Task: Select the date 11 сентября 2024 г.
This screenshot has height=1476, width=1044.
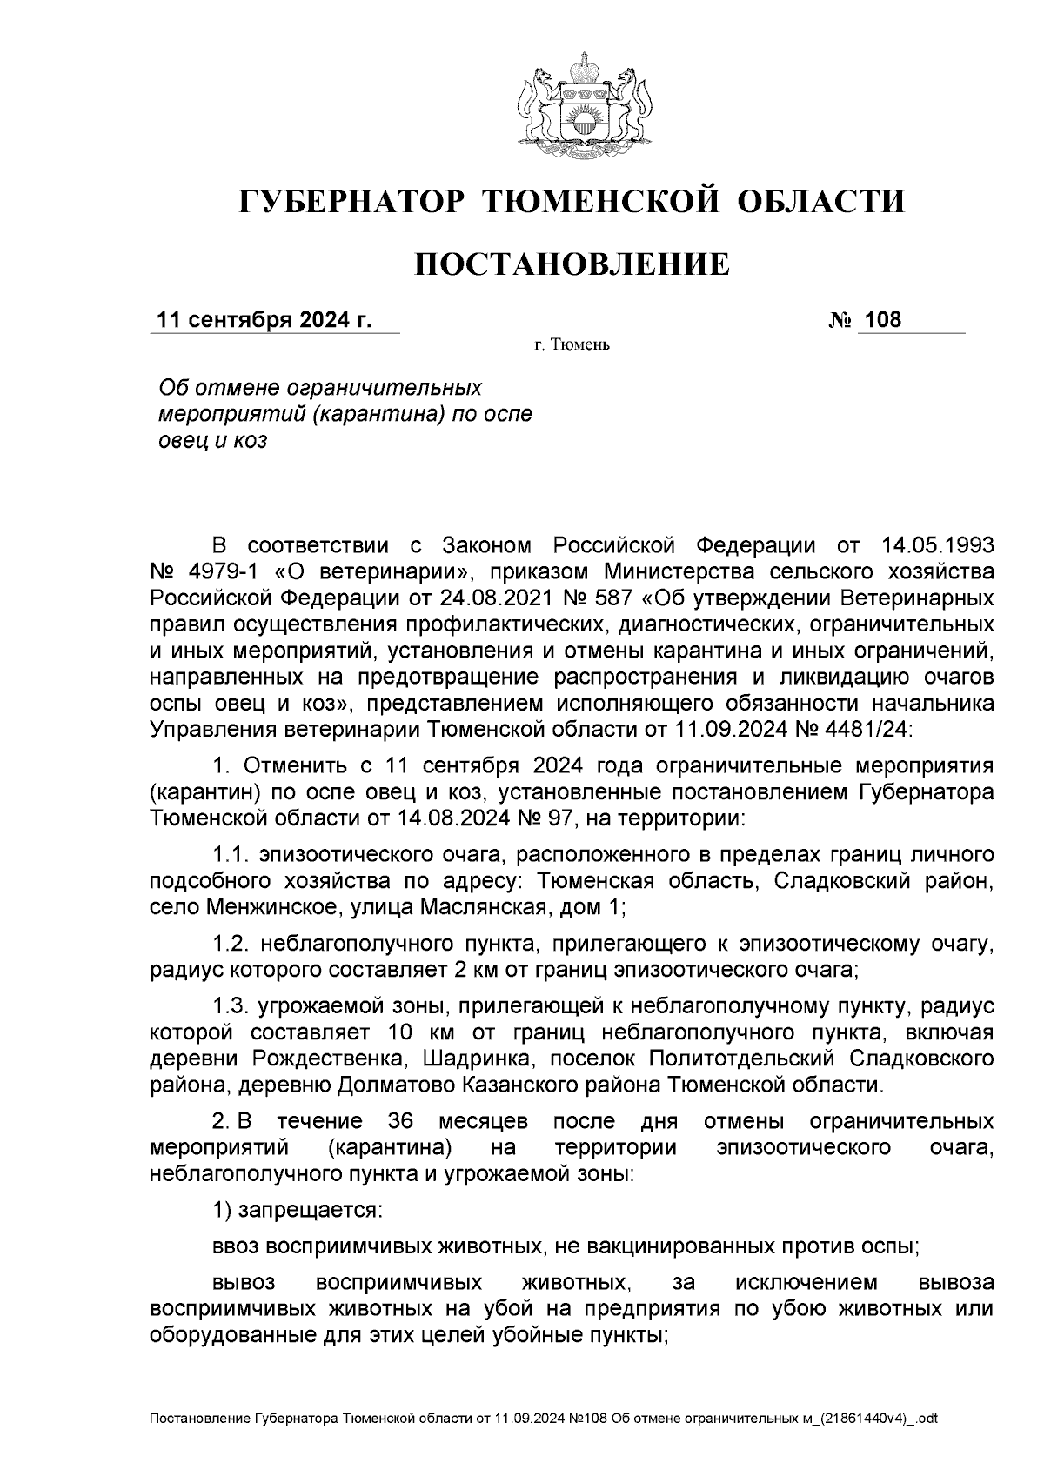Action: pyautogui.click(x=264, y=320)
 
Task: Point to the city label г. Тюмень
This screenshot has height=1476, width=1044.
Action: pyautogui.click(x=572, y=346)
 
